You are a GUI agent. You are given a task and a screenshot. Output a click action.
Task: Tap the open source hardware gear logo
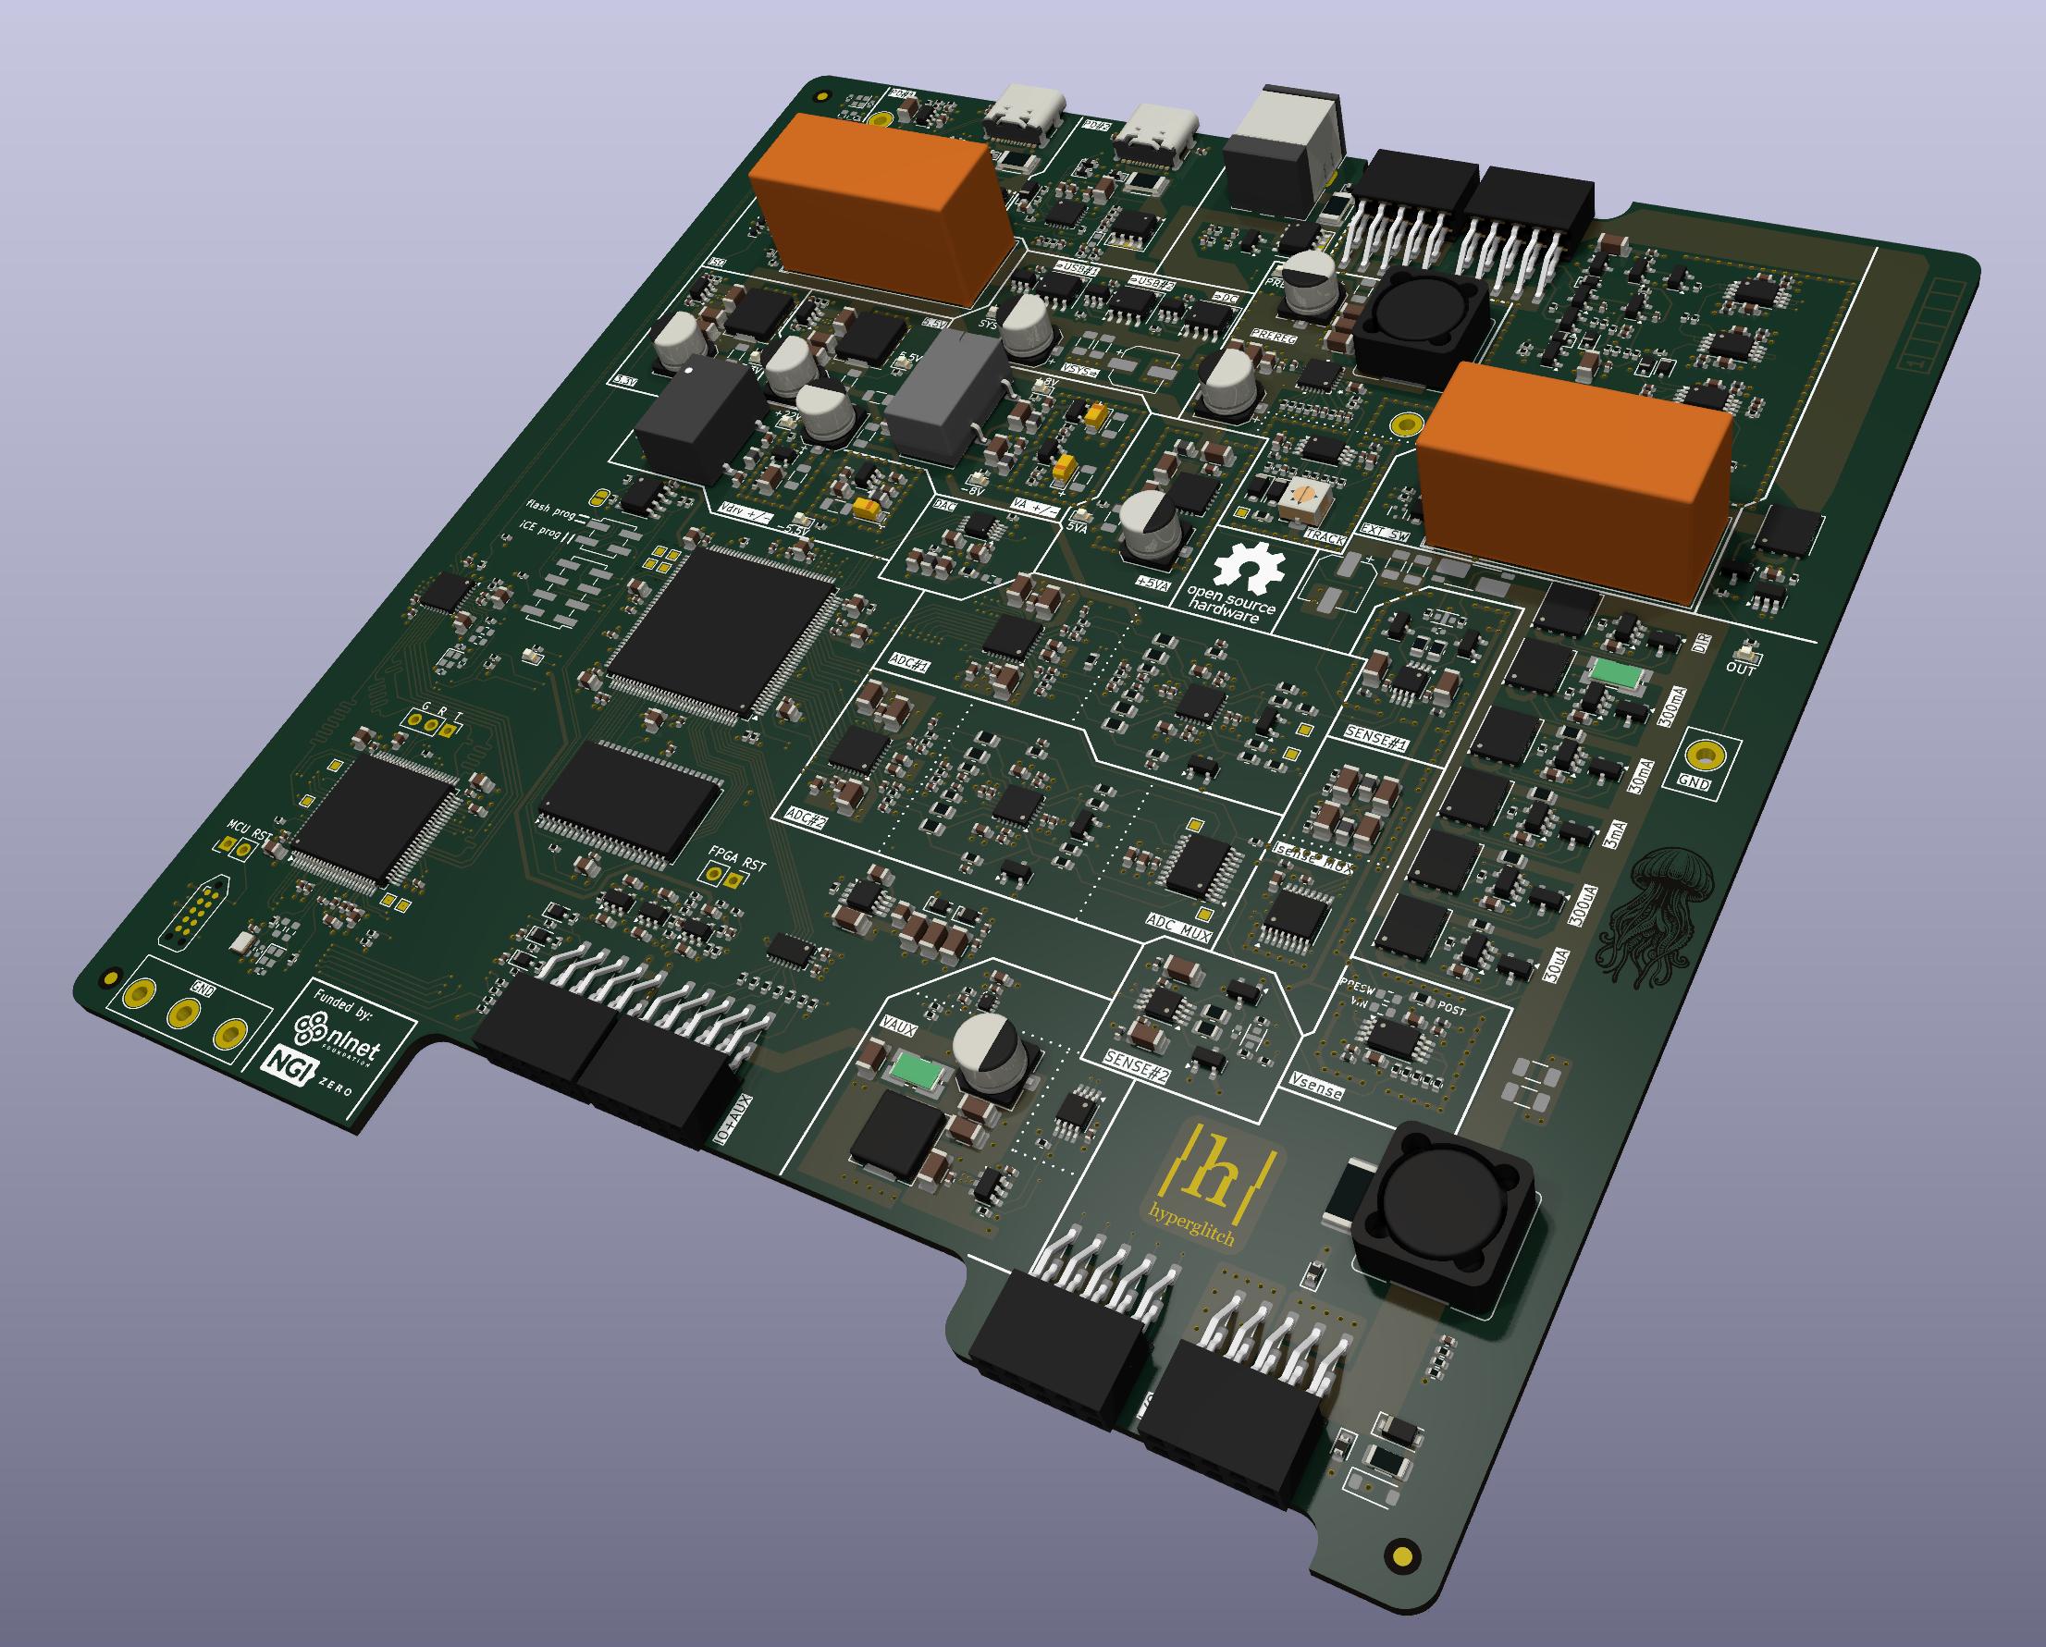(x=1249, y=568)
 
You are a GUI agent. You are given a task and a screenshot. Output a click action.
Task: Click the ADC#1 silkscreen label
(x=909, y=661)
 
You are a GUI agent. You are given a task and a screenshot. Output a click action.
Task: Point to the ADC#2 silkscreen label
(x=806, y=817)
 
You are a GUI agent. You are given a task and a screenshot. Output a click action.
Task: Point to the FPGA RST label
(x=736, y=857)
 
